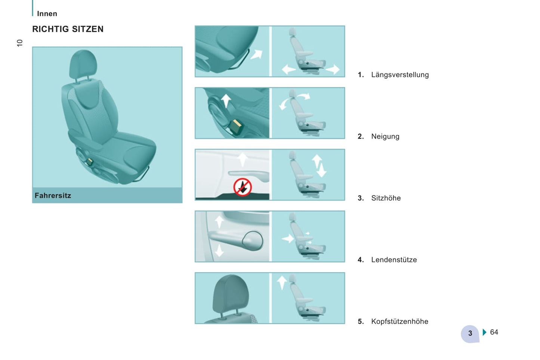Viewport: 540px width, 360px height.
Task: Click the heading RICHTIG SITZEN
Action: pos(68,29)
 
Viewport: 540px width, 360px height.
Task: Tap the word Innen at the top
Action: pos(47,14)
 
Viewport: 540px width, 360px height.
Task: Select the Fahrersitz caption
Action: pos(53,195)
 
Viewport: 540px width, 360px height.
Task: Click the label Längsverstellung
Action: pos(400,75)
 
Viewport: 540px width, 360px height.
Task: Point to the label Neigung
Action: pos(385,136)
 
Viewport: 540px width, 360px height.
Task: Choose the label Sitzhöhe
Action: pos(386,198)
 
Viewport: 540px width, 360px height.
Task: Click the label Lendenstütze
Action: pos(394,260)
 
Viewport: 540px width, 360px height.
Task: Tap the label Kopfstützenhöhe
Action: pos(400,322)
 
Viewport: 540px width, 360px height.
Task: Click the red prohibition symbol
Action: pos(243,187)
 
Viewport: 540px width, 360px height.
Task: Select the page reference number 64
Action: pos(494,332)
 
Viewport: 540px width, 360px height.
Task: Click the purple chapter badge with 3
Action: pos(470,333)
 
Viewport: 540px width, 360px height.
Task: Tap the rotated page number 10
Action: pos(19,43)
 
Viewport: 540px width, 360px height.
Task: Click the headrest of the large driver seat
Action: pos(83,64)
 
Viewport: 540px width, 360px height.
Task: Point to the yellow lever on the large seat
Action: pos(90,161)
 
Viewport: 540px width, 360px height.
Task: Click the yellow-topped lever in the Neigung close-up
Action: pos(235,127)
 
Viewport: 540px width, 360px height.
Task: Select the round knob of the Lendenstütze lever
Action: pos(253,240)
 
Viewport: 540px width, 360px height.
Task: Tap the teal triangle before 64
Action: pos(485,332)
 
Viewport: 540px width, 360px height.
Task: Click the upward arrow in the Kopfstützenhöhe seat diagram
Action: pos(282,283)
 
